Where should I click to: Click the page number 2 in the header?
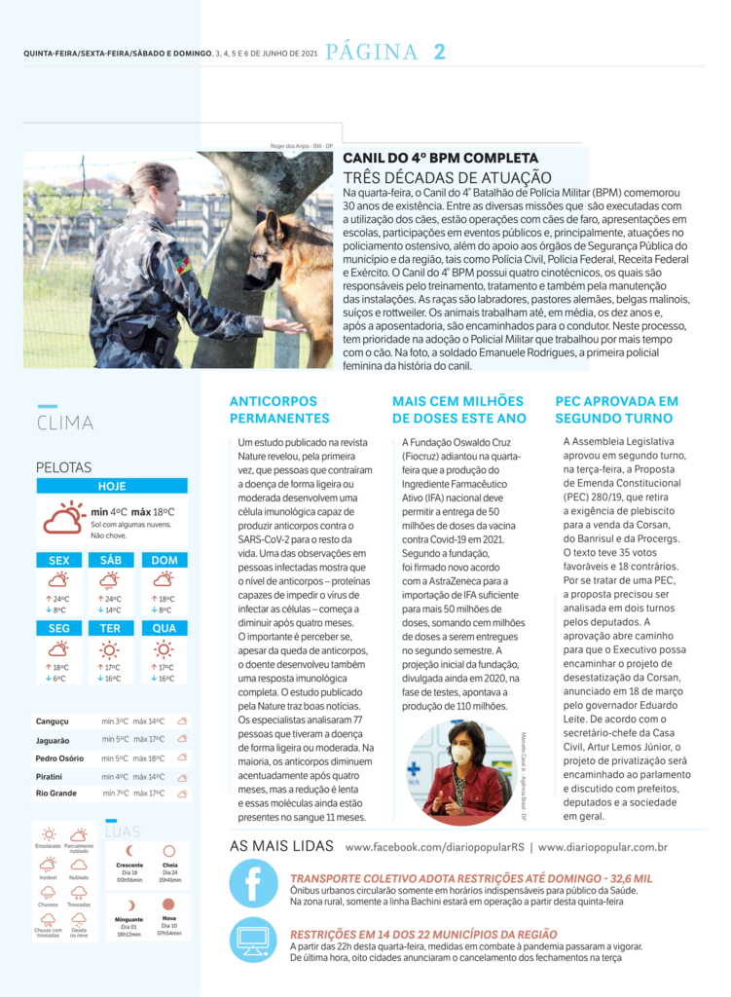(439, 53)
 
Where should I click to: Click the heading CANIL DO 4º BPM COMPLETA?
(440, 158)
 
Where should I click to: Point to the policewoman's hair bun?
(129, 182)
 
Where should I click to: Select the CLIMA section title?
(65, 423)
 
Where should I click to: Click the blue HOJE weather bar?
(112, 486)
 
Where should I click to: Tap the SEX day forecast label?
(58, 560)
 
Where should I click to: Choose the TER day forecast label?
(111, 628)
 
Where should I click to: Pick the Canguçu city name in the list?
(53, 721)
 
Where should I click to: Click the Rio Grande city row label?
(55, 794)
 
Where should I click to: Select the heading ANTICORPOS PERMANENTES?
(279, 409)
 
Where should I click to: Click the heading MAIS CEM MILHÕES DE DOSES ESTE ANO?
(458, 409)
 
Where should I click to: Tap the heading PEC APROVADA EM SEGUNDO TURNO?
(616, 409)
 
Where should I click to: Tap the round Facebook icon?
(253, 884)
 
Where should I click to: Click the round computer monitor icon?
(253, 940)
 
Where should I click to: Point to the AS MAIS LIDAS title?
(280, 846)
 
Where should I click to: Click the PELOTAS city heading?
(63, 467)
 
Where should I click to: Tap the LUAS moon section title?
(123, 832)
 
